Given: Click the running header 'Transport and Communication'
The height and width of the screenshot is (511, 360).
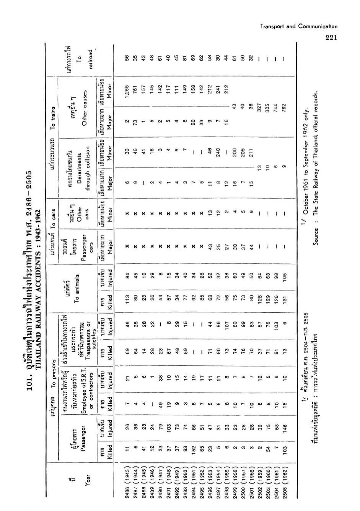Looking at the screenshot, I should (x=299, y=26).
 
